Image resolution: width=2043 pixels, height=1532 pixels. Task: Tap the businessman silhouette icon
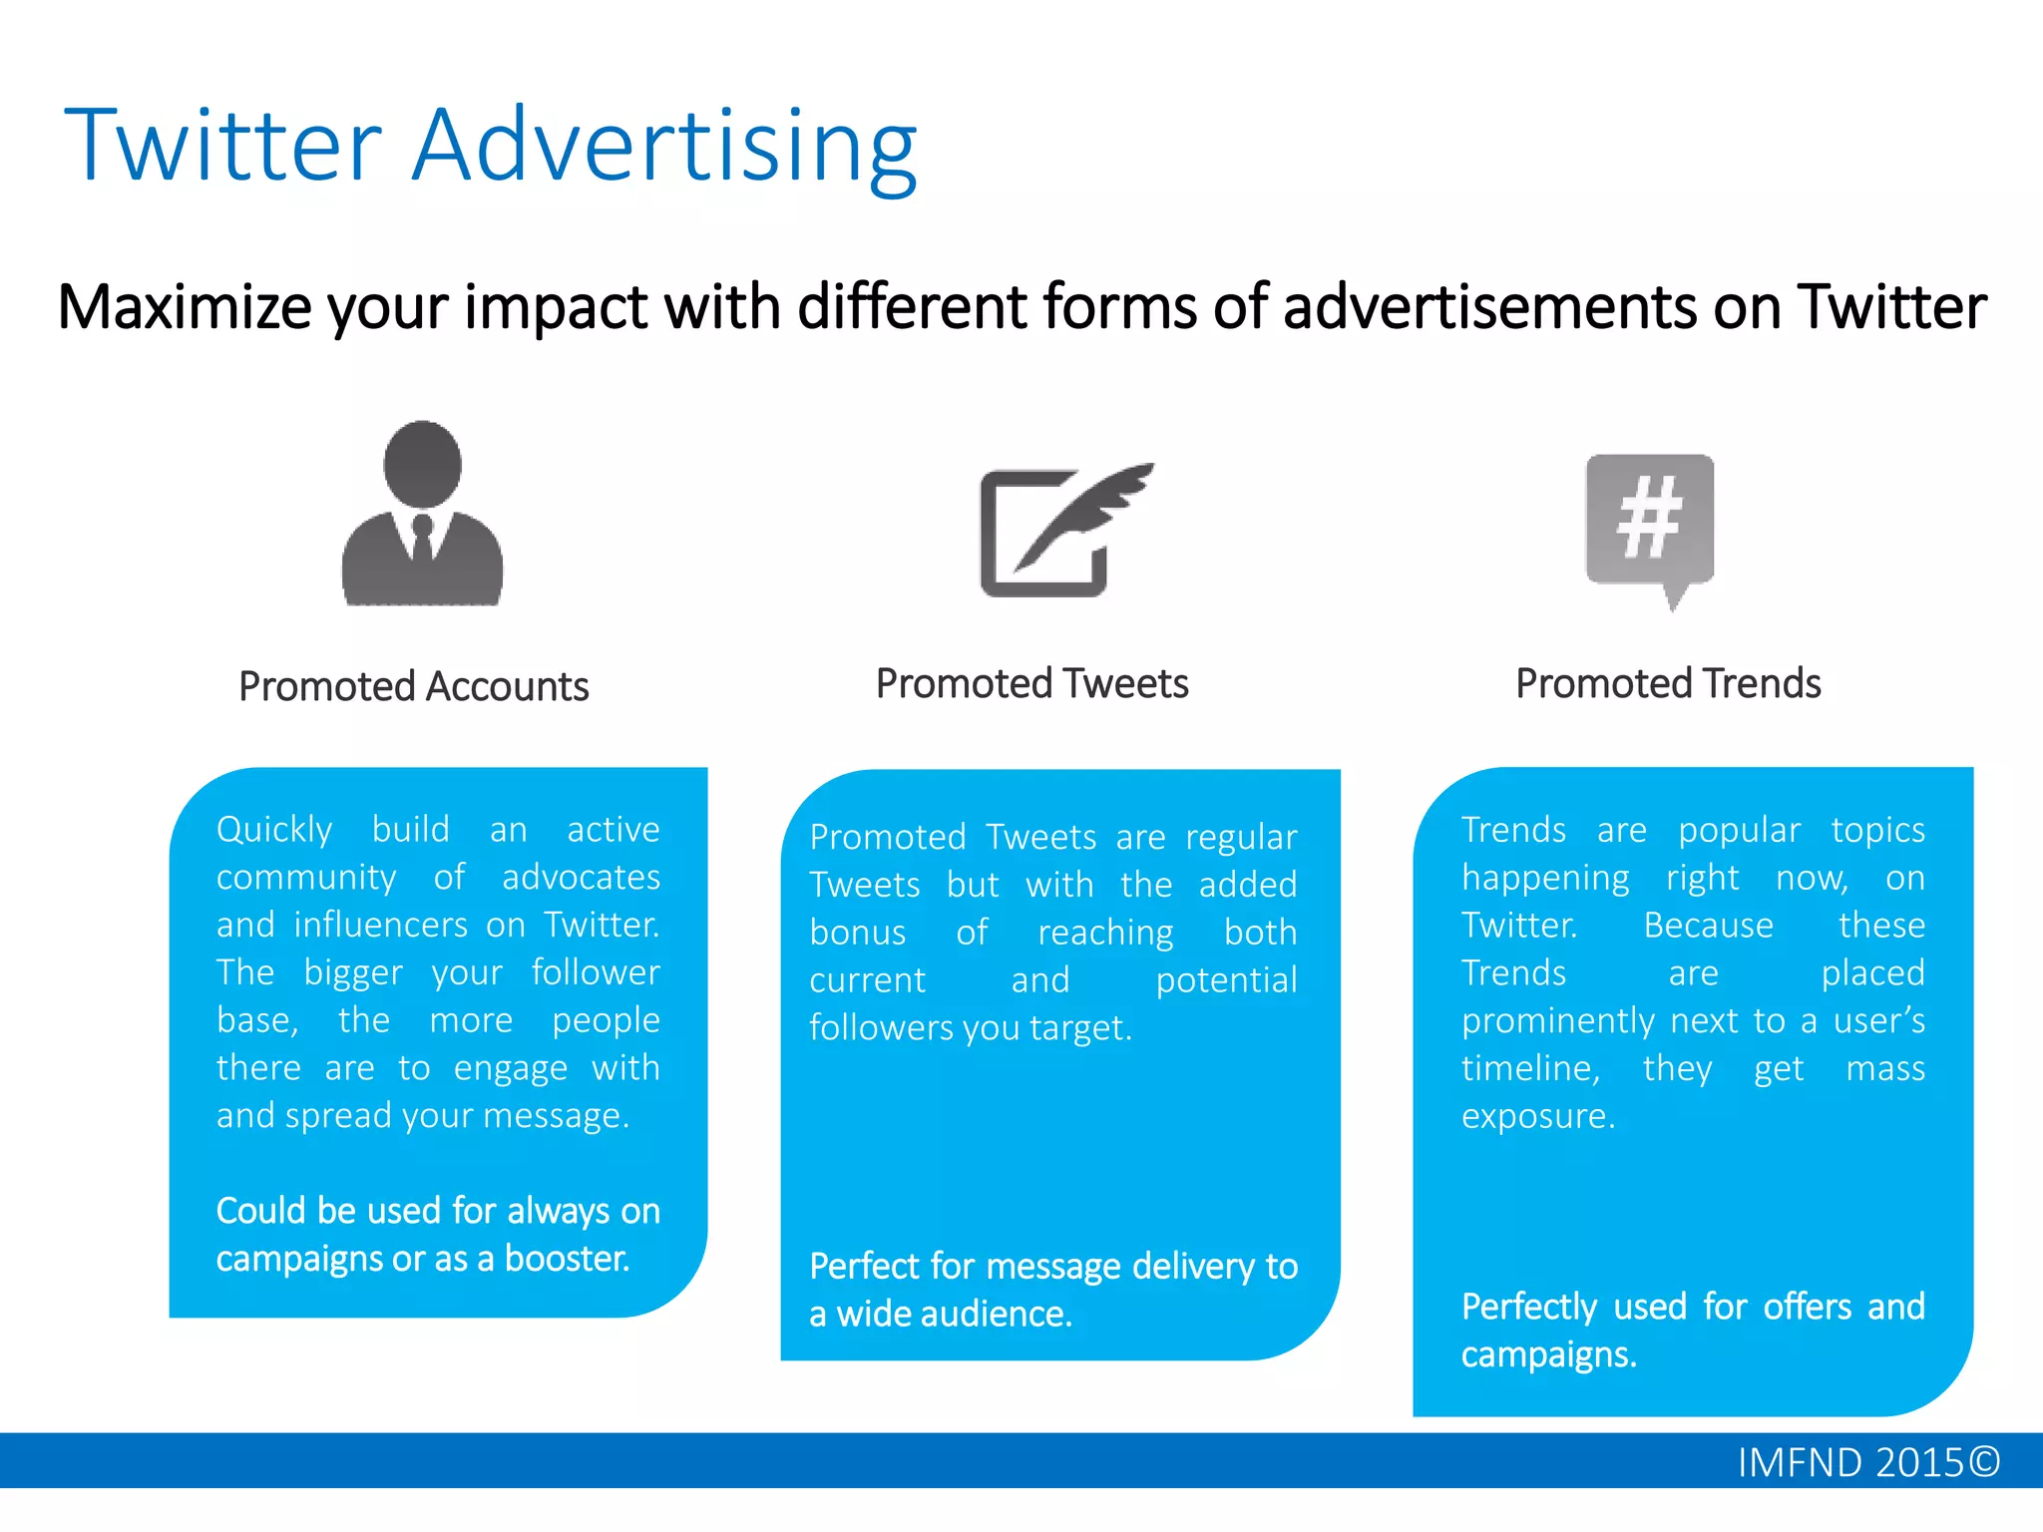coord(422,514)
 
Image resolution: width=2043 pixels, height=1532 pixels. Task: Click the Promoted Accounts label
coord(413,686)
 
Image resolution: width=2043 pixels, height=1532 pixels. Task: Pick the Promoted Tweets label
coord(1031,683)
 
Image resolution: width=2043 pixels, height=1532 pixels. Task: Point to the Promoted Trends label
coord(1668,683)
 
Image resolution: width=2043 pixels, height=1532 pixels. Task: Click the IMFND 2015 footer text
coord(1867,1462)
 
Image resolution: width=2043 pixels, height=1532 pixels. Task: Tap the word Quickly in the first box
coord(274,830)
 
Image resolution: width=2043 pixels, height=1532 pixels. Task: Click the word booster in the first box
coord(567,1258)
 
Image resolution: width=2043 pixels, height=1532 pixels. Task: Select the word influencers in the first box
coord(380,925)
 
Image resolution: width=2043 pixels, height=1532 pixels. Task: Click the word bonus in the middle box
coord(857,933)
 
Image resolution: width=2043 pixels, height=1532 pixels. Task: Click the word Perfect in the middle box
coord(863,1266)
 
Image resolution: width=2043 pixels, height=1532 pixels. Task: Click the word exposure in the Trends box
coord(1537,1115)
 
